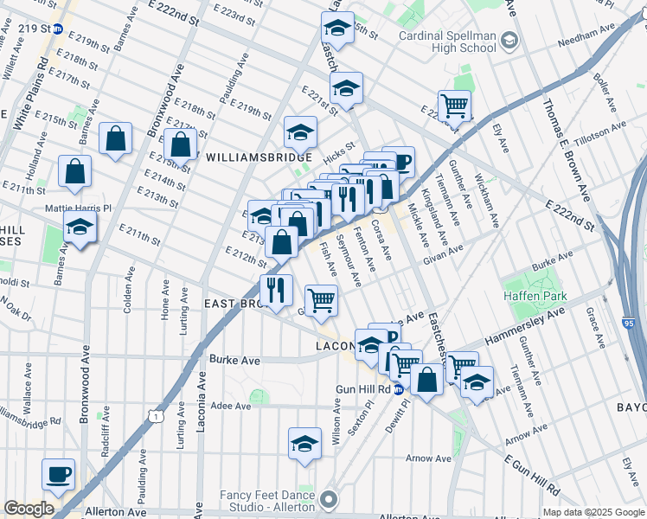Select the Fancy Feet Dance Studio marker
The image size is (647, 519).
[x=329, y=499]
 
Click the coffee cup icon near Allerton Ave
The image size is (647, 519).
[x=59, y=474]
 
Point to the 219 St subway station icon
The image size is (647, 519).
[x=57, y=29]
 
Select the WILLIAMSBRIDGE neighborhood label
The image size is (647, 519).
[x=259, y=157]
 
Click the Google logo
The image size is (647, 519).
[x=29, y=509]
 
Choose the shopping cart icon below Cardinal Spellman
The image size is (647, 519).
[x=454, y=106]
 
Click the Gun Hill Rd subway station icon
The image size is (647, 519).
[x=398, y=389]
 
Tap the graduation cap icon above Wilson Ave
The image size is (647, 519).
[x=304, y=444]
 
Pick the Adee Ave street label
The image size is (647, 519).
[x=230, y=404]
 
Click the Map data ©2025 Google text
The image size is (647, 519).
[x=593, y=512]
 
